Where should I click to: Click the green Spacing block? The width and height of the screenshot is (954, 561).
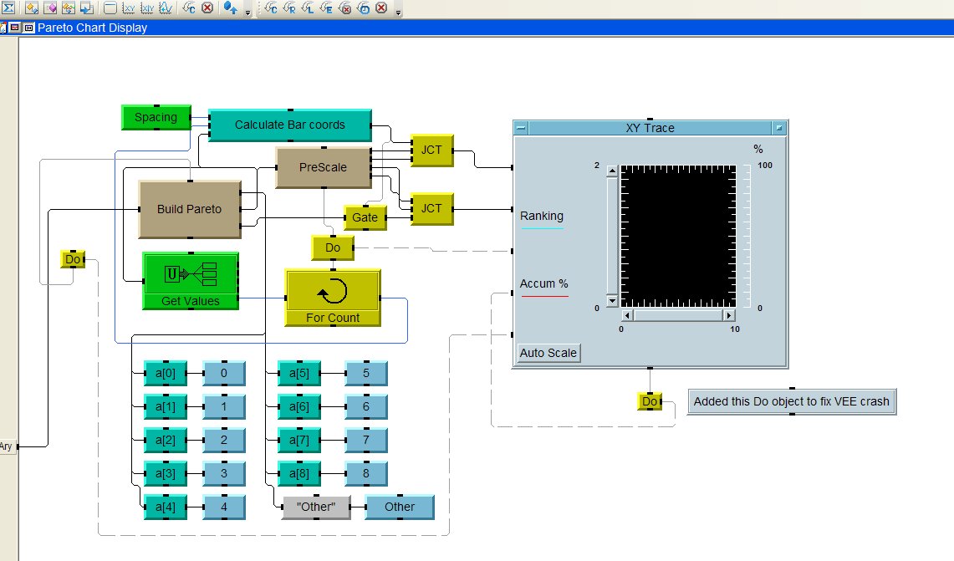[156, 117]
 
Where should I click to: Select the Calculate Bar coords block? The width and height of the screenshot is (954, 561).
[289, 125]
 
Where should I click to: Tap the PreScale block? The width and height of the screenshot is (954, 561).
[323, 167]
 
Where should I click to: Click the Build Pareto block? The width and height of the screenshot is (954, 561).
[190, 209]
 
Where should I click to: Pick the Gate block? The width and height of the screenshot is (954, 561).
[365, 217]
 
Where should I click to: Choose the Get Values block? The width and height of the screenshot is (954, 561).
[191, 281]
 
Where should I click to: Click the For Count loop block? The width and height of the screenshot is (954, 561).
[333, 297]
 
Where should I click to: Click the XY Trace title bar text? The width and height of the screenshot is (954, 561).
[650, 128]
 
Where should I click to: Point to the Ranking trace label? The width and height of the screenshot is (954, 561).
[542, 216]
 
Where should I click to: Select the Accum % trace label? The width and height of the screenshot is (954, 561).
[543, 283]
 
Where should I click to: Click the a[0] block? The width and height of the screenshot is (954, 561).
[166, 373]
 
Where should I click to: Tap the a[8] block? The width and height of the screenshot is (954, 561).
[299, 473]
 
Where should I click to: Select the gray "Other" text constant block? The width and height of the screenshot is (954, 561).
[316, 507]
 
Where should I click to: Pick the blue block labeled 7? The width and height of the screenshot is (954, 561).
[366, 440]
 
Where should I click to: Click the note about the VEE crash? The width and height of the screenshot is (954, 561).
[792, 401]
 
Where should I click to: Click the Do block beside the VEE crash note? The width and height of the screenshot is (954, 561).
[650, 401]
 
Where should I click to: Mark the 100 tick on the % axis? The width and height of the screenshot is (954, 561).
[764, 166]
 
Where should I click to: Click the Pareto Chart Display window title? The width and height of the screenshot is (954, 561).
[92, 28]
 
